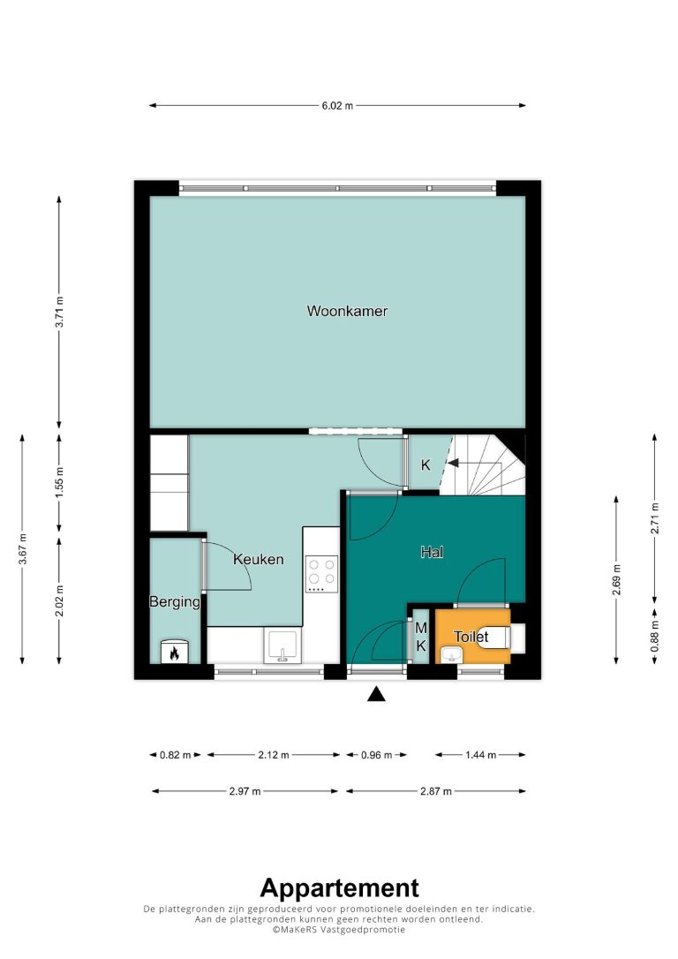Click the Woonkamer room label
347,311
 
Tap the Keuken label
258,559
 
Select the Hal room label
432,552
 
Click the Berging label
175,602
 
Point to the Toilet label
471,637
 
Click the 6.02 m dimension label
337,105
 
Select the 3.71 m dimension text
59,312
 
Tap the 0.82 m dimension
176,755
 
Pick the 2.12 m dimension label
274,755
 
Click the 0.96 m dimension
376,755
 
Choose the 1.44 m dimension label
480,755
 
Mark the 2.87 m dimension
436,791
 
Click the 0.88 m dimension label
655,636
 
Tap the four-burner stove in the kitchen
321,574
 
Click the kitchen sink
282,646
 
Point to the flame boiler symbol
174,653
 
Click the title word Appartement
339,887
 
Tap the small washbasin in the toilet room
452,656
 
